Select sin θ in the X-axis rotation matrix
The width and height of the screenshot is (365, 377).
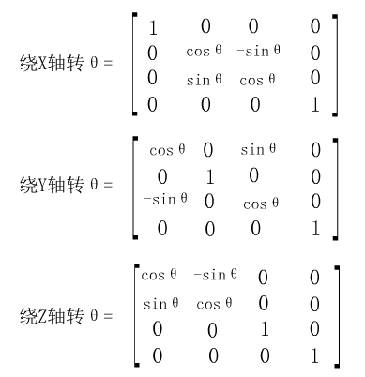pos(211,80)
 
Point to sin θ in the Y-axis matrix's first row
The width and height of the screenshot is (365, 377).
pos(260,149)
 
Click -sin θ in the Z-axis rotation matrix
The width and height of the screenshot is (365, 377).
pos(215,275)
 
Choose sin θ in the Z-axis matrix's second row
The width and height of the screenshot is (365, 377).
pos(159,305)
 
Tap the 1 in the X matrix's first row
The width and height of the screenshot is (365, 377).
pos(153,29)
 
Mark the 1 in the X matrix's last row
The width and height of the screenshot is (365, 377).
pos(314,103)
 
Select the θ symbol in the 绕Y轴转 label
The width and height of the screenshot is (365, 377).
pos(93,184)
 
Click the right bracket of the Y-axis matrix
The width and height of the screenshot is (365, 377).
pos(334,188)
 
